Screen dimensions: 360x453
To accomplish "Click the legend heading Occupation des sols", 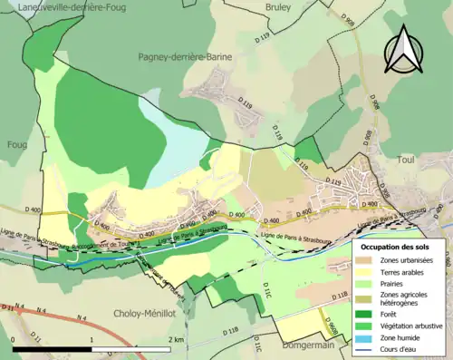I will coord(395,246).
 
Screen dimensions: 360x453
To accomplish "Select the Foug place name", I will coord(16,143).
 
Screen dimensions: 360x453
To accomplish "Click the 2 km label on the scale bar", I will coord(175,339).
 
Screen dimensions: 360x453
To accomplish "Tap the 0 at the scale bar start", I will coord(14,339).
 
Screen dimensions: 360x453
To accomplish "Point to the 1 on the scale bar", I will coord(92,339).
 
